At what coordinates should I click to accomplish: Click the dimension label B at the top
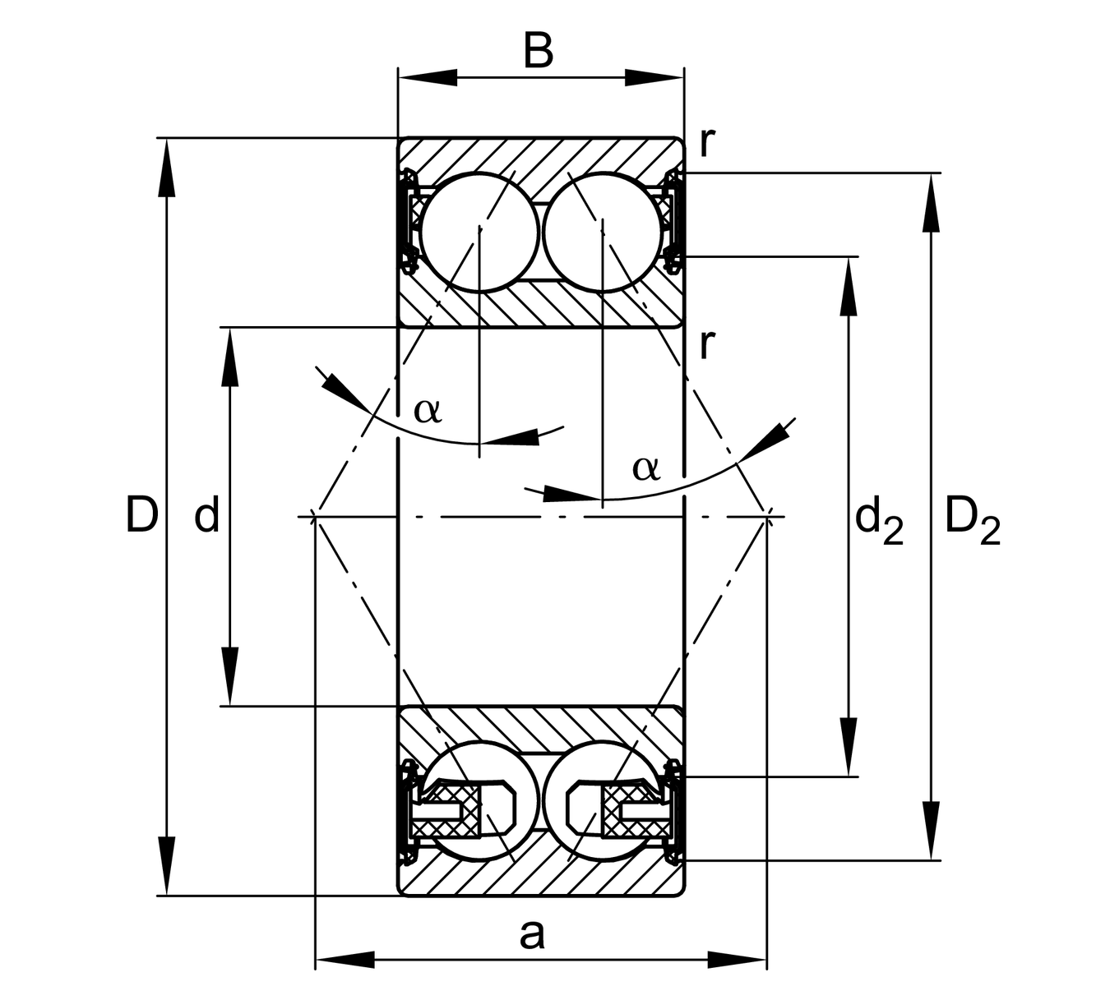[x=539, y=51]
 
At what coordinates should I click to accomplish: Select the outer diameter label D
[x=141, y=515]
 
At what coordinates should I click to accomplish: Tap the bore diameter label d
[x=206, y=516]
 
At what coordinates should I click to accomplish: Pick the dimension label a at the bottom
[x=532, y=933]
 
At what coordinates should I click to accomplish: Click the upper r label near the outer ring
[x=706, y=141]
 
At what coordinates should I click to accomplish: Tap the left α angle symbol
[x=428, y=408]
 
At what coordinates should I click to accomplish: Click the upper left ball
[x=479, y=231]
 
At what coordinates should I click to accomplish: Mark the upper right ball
[x=603, y=231]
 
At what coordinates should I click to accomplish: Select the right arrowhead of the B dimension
[x=654, y=78]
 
